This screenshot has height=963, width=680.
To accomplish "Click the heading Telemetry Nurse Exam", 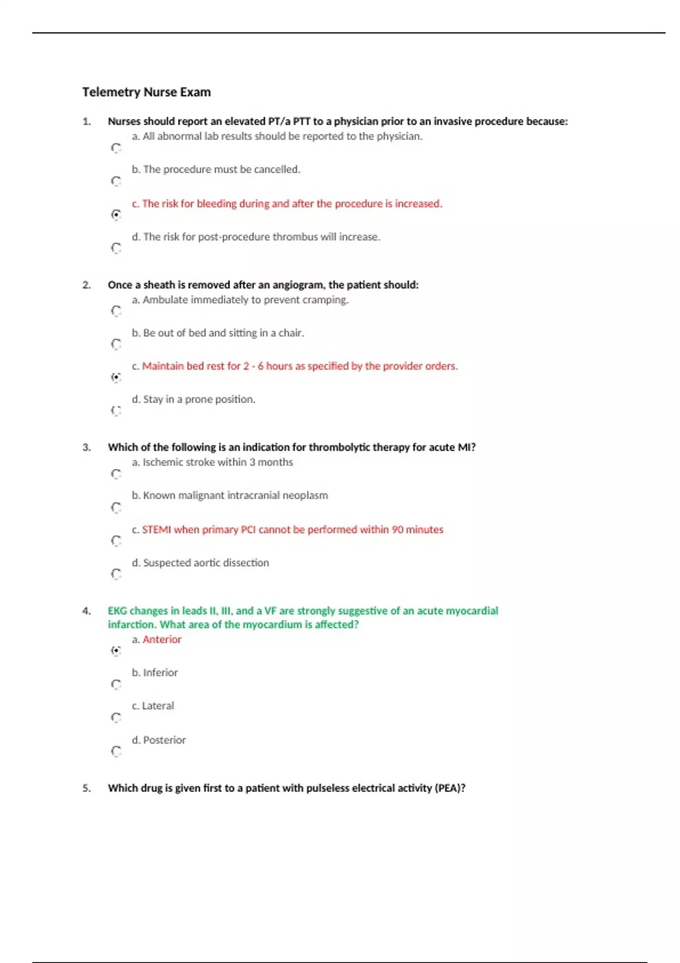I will click(146, 92).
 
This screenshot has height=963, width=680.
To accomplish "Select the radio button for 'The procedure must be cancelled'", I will click(116, 181).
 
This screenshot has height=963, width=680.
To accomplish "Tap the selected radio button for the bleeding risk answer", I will click(116, 215).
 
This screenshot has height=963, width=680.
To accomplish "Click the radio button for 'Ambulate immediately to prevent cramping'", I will click(116, 311).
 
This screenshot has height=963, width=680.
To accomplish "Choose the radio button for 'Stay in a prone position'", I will click(116, 411).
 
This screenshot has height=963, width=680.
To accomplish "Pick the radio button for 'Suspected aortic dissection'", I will click(116, 574).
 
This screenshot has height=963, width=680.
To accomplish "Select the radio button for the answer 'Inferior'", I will click(116, 684).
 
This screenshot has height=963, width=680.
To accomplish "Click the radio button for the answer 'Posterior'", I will click(116, 751).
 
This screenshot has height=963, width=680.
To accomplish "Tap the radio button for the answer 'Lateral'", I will click(116, 718).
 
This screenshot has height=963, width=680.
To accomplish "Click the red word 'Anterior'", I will click(162, 640).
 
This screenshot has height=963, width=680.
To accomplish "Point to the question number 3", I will click(87, 448).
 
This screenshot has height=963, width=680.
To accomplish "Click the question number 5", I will click(87, 788).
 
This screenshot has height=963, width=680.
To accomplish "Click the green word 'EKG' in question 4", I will click(117, 611).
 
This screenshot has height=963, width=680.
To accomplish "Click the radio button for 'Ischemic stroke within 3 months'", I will click(116, 474).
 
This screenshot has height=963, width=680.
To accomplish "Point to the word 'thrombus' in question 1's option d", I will click(295, 237).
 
